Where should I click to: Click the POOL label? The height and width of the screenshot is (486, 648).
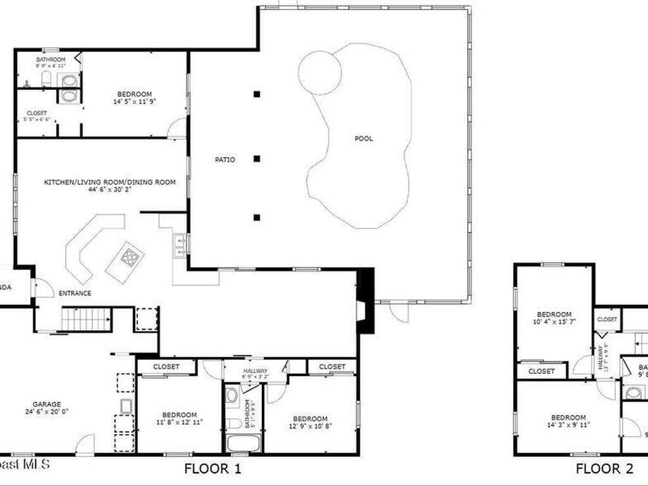tap(364, 139)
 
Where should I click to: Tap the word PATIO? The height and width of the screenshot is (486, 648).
tap(225, 160)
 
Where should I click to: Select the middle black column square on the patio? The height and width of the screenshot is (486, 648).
tap(257, 159)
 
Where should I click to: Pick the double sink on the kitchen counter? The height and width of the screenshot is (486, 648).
tap(180, 246)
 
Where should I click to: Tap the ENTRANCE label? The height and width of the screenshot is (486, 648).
tap(75, 294)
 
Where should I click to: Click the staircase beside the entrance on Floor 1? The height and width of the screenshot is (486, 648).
tap(86, 319)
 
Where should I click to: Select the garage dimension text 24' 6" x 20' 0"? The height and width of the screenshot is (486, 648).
tap(47, 411)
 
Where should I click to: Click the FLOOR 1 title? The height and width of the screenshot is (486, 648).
tap(213, 469)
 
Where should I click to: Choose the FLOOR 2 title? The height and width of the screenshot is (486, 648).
tap(604, 469)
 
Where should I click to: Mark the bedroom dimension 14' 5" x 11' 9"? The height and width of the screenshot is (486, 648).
tap(134, 101)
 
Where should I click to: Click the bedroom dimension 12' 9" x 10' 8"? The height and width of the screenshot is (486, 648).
tap(310, 426)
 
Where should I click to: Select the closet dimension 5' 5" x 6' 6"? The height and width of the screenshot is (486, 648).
tap(37, 119)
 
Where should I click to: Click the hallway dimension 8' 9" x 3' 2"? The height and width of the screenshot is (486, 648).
tap(254, 378)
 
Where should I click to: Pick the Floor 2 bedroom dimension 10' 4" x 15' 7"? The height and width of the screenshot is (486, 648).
tap(554, 322)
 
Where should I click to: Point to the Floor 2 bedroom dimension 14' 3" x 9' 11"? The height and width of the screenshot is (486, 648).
tap(568, 425)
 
